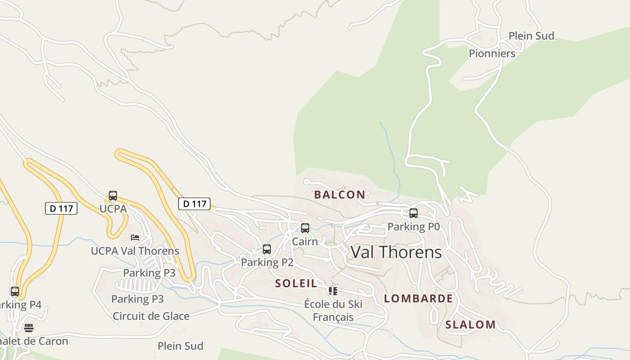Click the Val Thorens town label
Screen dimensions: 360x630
[x=396, y=252]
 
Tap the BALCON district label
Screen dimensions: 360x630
[x=339, y=195]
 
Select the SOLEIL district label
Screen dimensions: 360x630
[x=296, y=283]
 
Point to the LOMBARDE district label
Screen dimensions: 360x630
[x=418, y=299]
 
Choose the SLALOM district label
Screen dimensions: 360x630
[x=470, y=325]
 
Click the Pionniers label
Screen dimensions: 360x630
[x=492, y=54]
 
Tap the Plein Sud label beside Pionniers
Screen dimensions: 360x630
[x=531, y=36]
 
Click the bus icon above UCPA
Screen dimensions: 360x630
[x=113, y=196]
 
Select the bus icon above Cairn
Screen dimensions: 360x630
[x=305, y=228]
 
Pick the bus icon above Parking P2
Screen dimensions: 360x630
[x=267, y=249]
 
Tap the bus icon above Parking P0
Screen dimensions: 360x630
[x=414, y=213]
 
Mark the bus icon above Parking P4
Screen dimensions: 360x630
[x=15, y=292]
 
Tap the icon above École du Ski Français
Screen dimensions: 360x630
[x=333, y=291]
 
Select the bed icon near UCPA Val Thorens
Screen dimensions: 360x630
[x=135, y=237]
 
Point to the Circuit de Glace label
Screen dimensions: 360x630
[x=151, y=316]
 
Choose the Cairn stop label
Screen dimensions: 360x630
[x=305, y=242]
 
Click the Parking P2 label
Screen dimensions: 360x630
[x=267, y=262]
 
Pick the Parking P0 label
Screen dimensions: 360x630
[x=413, y=227]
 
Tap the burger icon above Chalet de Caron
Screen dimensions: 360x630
[x=29, y=328]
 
